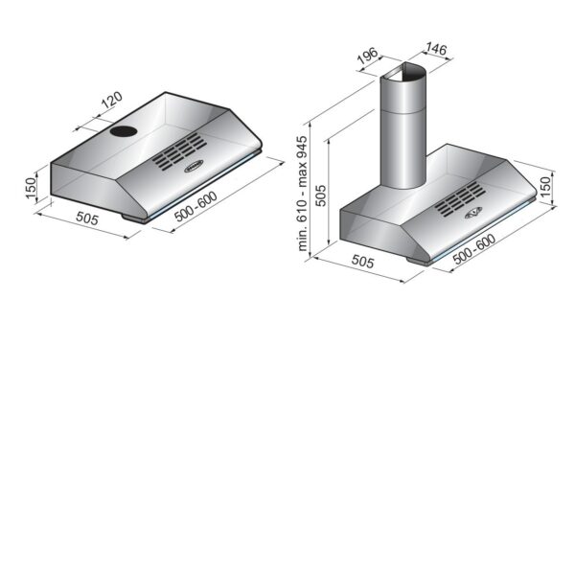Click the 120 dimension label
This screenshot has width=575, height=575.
(111, 102)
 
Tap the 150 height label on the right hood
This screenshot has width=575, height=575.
(545, 187)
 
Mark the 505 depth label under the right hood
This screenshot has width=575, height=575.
(362, 260)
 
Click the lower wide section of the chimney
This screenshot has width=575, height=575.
(402, 153)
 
